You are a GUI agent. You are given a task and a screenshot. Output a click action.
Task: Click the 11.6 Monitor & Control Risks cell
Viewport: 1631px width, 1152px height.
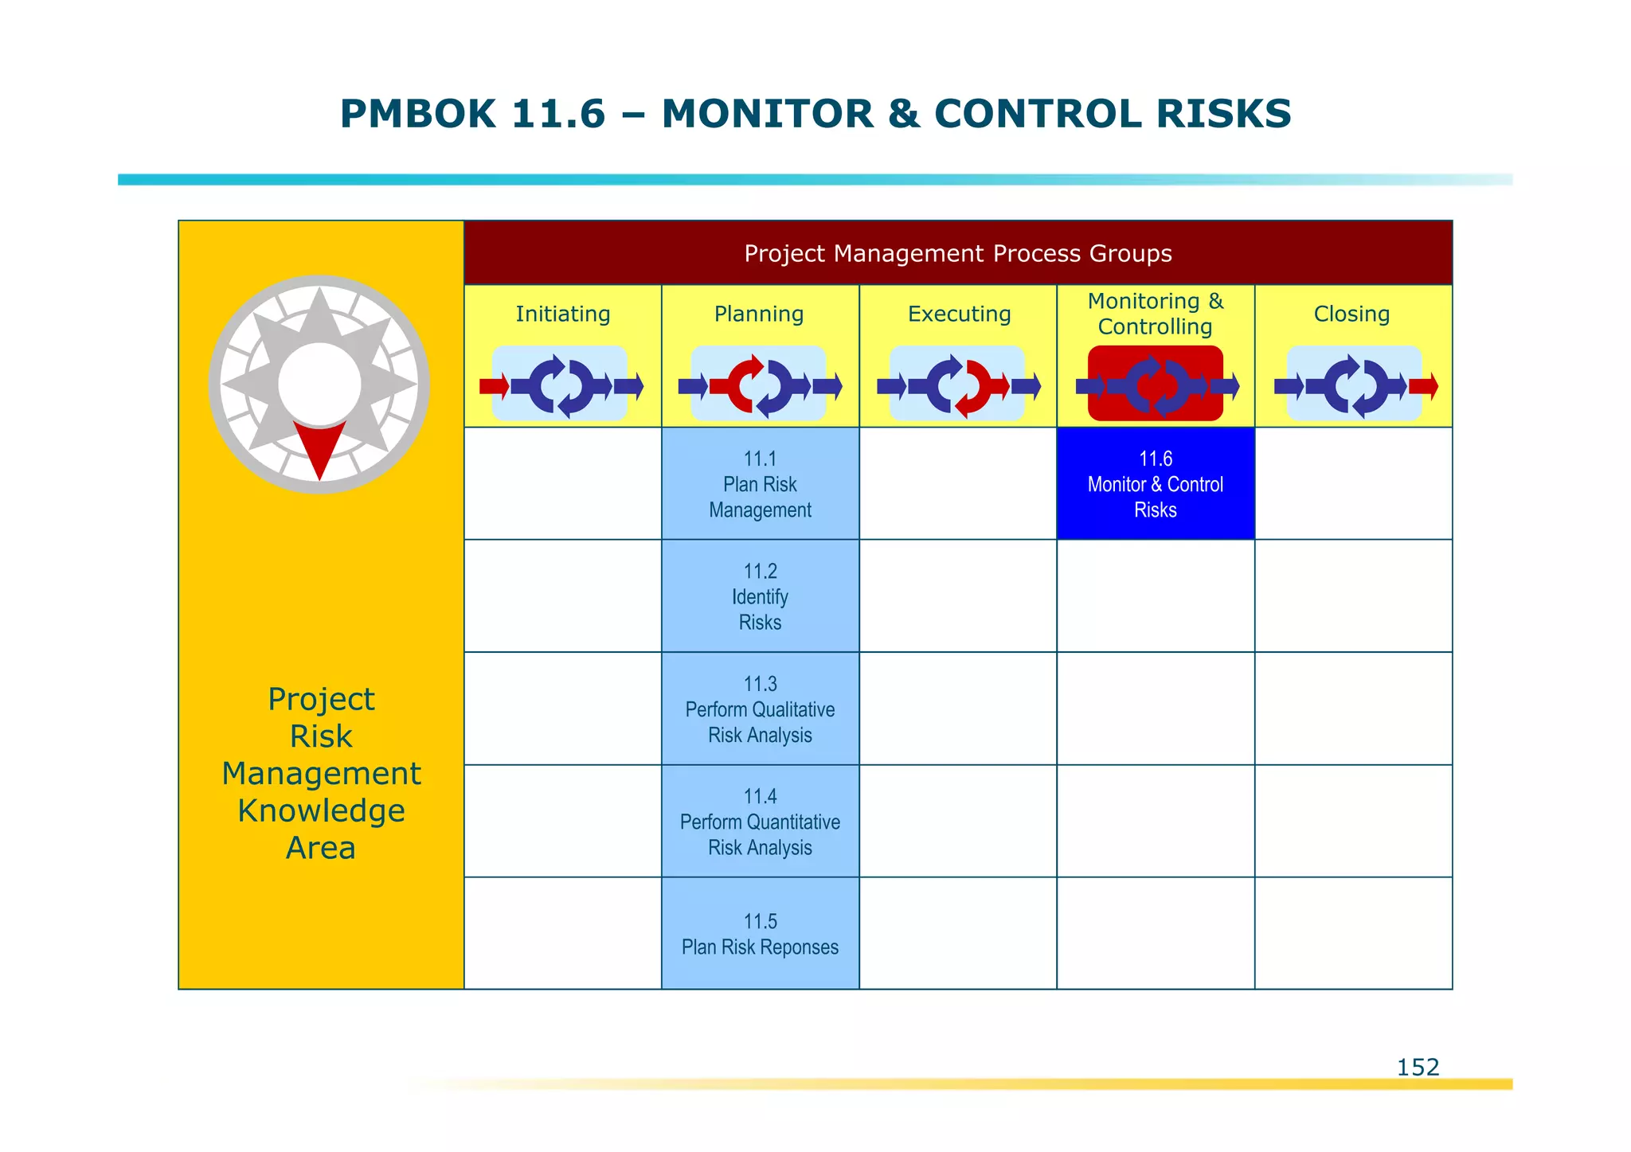(x=1155, y=484)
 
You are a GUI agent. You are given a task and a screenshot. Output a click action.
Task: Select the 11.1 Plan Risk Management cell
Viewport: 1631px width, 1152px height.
(x=760, y=484)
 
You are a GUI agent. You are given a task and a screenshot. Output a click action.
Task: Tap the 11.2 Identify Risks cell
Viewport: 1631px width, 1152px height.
(x=760, y=596)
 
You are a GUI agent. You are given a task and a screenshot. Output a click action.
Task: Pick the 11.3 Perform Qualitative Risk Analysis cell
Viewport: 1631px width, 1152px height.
(x=760, y=709)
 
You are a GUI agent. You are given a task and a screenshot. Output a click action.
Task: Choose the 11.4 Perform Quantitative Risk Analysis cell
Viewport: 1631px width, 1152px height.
(x=760, y=822)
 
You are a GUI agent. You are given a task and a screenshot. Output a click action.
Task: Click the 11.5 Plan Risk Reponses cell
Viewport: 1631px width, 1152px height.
(x=760, y=934)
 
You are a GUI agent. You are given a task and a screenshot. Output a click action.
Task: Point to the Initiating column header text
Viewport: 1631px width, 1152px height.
(x=562, y=314)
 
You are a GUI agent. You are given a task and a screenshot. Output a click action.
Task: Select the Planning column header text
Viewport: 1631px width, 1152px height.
(x=759, y=314)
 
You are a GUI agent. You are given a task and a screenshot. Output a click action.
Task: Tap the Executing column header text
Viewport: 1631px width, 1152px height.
(x=959, y=314)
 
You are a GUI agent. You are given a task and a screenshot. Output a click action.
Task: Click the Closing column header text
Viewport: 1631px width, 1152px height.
(x=1351, y=314)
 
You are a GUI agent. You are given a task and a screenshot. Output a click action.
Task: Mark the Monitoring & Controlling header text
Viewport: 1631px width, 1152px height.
(x=1155, y=314)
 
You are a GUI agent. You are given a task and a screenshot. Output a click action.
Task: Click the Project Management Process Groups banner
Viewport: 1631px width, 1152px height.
(x=957, y=253)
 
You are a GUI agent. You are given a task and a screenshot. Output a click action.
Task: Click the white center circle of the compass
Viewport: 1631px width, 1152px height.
(x=319, y=385)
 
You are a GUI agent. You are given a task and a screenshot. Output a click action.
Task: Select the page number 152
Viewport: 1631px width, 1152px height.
(x=1418, y=1067)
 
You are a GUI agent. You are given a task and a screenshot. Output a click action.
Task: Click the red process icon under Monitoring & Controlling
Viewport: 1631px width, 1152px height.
(x=1155, y=384)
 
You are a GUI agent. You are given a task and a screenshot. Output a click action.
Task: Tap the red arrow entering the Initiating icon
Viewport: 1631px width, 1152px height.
(x=494, y=387)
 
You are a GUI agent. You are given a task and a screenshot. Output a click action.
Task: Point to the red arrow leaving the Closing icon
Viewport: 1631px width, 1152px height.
(x=1423, y=387)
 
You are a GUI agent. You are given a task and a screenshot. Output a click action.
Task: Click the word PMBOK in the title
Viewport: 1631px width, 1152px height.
(x=417, y=114)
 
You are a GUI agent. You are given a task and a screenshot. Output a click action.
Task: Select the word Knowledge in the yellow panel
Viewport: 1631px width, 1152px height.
(x=321, y=810)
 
